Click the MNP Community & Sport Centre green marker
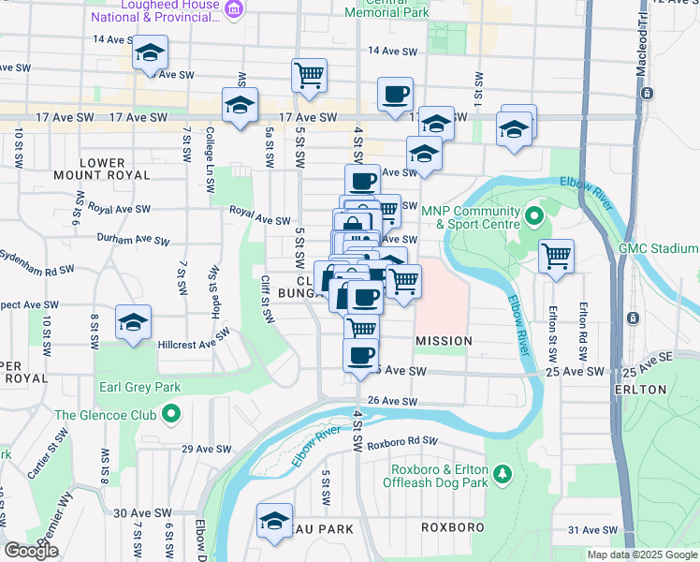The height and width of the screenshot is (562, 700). click(x=533, y=217)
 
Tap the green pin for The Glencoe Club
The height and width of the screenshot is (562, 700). click(x=171, y=413)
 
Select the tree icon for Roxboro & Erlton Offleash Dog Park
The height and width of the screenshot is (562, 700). click(x=503, y=473)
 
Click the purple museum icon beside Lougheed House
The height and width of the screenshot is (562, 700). click(x=235, y=11)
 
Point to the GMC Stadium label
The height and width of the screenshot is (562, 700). click(x=658, y=248)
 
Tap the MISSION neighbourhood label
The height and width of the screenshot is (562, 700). click(x=444, y=341)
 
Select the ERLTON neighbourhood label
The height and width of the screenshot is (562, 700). click(x=667, y=389)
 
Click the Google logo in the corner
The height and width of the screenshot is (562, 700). click(x=31, y=551)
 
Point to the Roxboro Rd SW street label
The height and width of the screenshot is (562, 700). click(x=402, y=441)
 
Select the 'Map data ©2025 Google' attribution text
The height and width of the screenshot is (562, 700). click(x=641, y=555)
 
